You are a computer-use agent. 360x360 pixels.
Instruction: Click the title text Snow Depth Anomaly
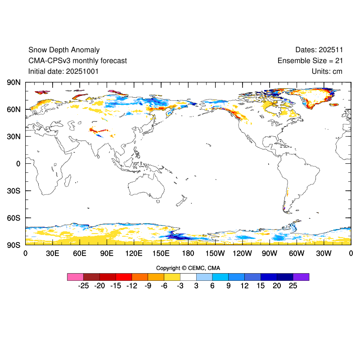click(64, 50)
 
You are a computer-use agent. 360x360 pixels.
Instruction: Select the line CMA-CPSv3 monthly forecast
click(77, 61)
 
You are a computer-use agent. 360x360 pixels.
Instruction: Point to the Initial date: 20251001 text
click(63, 71)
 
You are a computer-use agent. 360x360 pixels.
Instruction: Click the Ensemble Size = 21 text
click(310, 61)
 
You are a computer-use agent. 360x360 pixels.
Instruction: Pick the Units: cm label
click(327, 71)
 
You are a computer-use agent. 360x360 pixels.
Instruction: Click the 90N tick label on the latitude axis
click(13, 82)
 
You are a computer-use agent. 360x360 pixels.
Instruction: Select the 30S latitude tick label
click(13, 191)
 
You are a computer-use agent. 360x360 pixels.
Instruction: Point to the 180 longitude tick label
click(188, 253)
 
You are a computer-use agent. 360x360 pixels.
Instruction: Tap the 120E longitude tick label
click(134, 253)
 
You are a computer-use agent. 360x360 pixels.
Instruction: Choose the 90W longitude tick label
click(270, 253)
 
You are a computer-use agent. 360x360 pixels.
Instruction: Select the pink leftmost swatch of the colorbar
click(75, 277)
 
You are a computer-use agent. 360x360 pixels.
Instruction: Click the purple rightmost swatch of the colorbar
click(301, 277)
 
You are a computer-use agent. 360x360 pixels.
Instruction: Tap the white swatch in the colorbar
click(188, 277)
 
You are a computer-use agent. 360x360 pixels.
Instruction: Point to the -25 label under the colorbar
click(83, 286)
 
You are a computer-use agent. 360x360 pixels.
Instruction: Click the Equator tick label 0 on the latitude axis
click(18, 164)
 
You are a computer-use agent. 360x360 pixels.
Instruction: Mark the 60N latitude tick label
click(13, 109)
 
